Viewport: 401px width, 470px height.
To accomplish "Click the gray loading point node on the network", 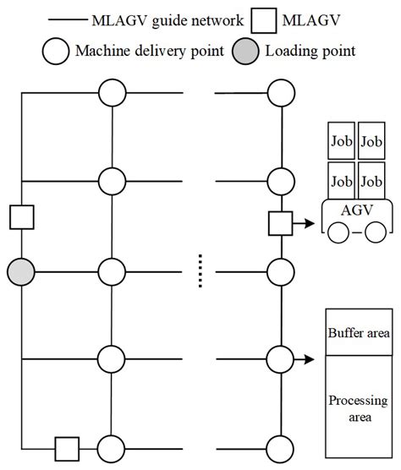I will (21, 272).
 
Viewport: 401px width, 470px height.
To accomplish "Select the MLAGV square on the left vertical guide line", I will (21, 216).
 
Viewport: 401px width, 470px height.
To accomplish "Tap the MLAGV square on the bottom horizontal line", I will (67, 446).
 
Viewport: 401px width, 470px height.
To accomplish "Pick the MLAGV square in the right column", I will (280, 225).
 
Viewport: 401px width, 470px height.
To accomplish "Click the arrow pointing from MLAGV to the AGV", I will (303, 225).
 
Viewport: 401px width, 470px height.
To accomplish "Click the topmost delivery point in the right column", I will (280, 91).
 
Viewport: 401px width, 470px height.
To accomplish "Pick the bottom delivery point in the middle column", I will (113, 446).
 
